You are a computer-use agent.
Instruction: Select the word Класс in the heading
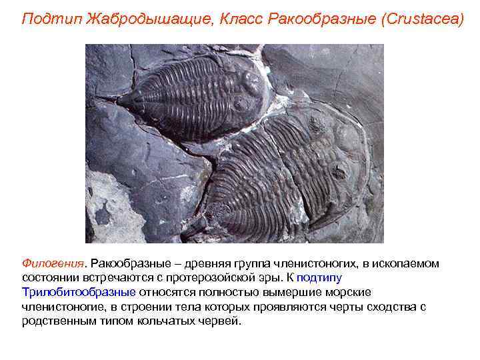coord(241,18)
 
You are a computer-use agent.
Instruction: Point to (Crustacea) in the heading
coord(421,18)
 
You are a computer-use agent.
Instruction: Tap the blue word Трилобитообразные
coord(79,292)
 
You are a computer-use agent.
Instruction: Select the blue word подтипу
coord(319,277)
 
